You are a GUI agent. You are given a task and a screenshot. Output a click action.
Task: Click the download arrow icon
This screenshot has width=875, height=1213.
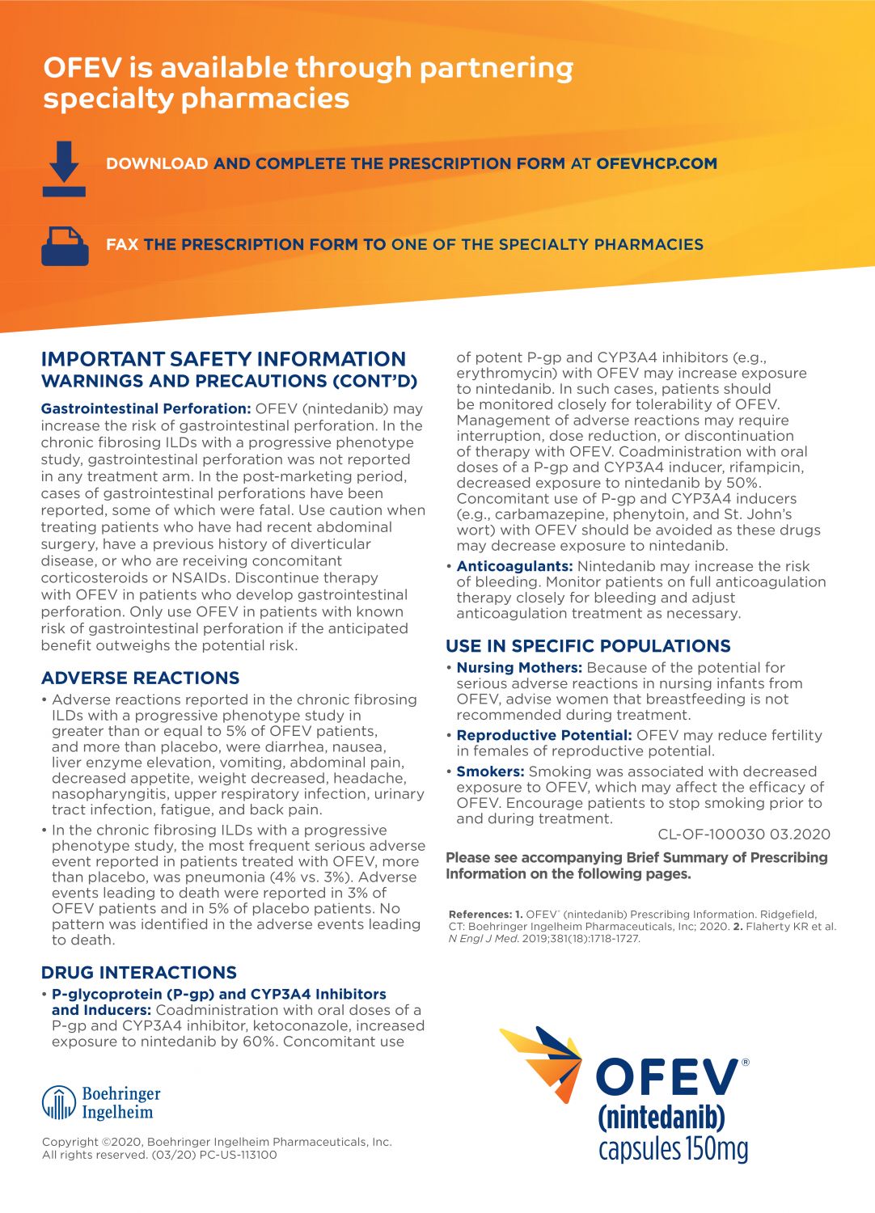pyautogui.click(x=64, y=168)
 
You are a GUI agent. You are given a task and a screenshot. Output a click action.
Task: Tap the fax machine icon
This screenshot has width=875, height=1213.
pyautogui.click(x=64, y=246)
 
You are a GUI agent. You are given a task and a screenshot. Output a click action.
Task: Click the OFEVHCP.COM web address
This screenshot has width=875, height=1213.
pyautogui.click(x=656, y=163)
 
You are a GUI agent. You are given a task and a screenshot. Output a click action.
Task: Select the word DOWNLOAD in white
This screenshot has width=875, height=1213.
pyautogui.click(x=157, y=163)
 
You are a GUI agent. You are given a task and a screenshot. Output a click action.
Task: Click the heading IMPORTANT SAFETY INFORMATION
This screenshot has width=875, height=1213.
pyautogui.click(x=223, y=359)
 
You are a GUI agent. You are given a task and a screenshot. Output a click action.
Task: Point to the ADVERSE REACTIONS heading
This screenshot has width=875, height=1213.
pyautogui.click(x=140, y=678)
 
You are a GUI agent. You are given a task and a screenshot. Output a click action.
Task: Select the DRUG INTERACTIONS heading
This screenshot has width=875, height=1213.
pyautogui.click(x=138, y=972)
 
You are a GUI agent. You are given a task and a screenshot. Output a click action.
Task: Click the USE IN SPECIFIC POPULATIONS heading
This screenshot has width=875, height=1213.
pyautogui.click(x=588, y=645)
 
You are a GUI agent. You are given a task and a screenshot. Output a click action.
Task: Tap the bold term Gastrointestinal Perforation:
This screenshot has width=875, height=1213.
pyautogui.click(x=146, y=408)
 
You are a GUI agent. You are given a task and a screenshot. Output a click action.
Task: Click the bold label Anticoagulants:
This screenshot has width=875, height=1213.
pyautogui.click(x=514, y=566)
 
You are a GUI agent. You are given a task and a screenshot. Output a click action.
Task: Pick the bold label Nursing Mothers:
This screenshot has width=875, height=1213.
pyautogui.click(x=519, y=667)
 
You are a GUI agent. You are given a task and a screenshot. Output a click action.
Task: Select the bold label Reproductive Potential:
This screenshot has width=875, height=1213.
pyautogui.click(x=544, y=735)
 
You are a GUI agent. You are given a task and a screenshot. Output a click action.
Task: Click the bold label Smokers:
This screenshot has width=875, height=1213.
pyautogui.click(x=490, y=771)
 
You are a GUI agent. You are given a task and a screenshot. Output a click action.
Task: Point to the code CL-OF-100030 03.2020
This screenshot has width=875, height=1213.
pyautogui.click(x=743, y=835)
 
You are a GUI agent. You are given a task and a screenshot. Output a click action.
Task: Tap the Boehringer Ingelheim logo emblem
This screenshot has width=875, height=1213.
pyautogui.click(x=58, y=1102)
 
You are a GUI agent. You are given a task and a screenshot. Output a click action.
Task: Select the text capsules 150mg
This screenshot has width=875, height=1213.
pyautogui.click(x=673, y=1148)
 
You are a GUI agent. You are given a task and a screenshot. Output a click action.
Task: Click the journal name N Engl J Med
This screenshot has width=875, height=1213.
pyautogui.click(x=484, y=939)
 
